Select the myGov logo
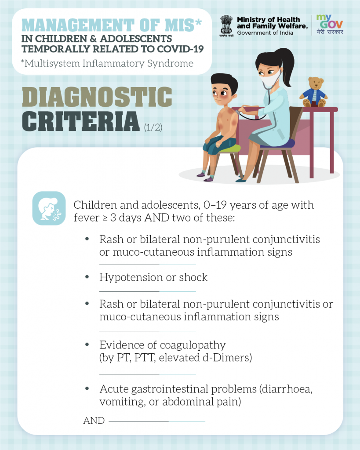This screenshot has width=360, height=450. [x=330, y=25]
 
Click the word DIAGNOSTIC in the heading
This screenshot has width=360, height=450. [x=97, y=97]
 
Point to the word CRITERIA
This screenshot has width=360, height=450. [x=81, y=121]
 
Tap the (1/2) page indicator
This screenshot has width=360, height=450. [x=153, y=127]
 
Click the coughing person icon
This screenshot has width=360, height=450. [x=49, y=208]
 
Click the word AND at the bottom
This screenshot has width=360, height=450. [x=94, y=421]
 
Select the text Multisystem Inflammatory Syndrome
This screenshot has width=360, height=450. [x=109, y=63]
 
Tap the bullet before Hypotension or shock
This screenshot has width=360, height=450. [x=87, y=277]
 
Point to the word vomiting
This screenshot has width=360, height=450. [x=122, y=402]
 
